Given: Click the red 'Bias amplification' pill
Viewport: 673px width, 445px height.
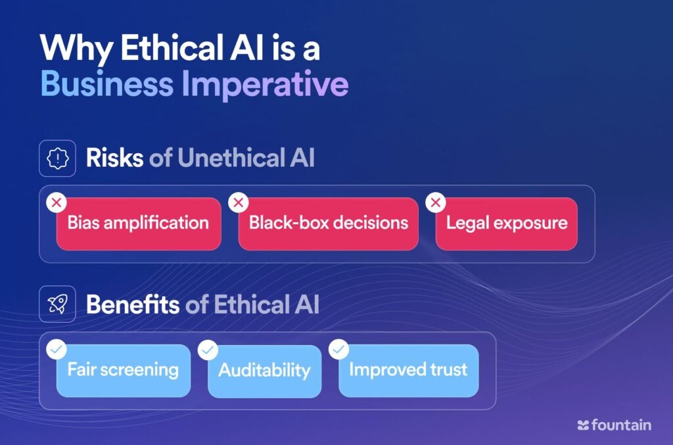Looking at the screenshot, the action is coord(139,223).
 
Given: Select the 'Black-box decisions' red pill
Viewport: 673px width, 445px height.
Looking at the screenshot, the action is coord(329,223).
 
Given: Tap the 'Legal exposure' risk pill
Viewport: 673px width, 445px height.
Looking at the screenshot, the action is coord(507,223).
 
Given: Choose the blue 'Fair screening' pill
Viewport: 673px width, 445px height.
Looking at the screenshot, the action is coord(123,370).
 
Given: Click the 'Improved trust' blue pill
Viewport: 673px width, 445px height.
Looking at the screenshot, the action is coord(408,370).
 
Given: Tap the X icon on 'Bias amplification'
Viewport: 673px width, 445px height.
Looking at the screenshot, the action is coord(57,202).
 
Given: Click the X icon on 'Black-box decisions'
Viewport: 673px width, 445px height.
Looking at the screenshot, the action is coord(238,202).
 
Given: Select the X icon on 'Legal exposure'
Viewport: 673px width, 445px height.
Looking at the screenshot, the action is coord(436,202).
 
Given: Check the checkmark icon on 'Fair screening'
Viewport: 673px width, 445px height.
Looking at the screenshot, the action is coord(57,349).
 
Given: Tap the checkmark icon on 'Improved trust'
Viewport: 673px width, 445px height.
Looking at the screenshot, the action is coord(338,349).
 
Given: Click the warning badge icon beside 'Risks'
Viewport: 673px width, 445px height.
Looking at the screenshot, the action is coord(58,158).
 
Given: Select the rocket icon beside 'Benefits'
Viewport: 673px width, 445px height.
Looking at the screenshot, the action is coord(58,304).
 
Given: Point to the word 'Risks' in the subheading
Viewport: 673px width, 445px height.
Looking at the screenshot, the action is coord(114,158).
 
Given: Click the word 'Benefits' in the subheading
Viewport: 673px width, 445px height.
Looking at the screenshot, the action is coord(133,304).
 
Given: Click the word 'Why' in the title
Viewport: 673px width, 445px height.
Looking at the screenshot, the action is coord(76,49).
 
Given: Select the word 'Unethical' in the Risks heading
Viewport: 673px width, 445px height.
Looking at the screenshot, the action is coord(231,158).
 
